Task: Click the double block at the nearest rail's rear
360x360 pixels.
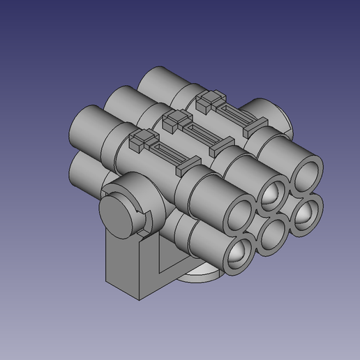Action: [140, 140]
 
